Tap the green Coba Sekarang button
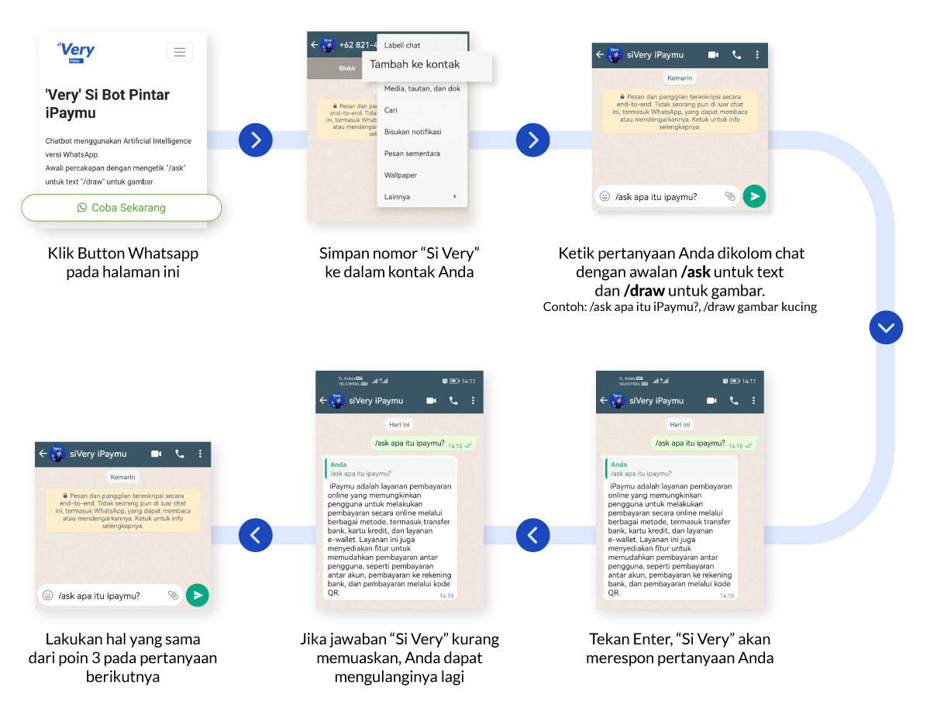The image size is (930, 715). [x=121, y=208]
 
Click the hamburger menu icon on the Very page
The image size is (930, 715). [x=180, y=52]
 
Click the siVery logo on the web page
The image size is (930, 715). [x=76, y=51]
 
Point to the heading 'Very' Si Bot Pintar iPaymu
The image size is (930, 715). [x=107, y=104]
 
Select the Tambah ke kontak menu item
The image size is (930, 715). [x=415, y=64]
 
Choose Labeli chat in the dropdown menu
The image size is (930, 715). [x=402, y=45]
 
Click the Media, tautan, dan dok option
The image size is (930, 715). [x=422, y=88]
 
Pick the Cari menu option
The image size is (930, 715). [x=391, y=110]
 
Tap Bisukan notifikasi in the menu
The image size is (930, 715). [x=412, y=132]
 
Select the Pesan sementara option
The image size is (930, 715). [x=412, y=154]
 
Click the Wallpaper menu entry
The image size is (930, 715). [x=400, y=175]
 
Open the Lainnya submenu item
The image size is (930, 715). [x=397, y=197]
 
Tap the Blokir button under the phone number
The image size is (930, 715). [x=347, y=68]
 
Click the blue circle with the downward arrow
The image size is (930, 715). [x=886, y=328]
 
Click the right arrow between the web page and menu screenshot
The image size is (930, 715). [x=256, y=140]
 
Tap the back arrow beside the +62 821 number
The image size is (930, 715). [x=314, y=45]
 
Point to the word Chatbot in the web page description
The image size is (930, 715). [x=61, y=141]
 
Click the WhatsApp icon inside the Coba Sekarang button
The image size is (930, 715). [x=82, y=208]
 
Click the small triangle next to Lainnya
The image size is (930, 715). [x=455, y=197]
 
